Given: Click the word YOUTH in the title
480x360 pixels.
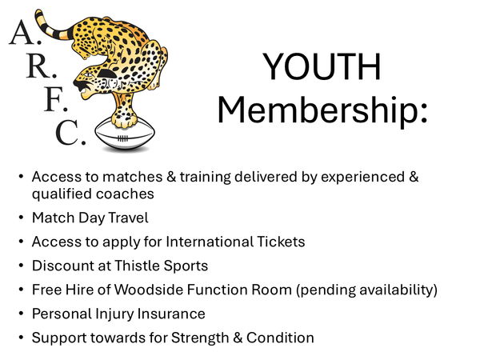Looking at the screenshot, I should (324, 68).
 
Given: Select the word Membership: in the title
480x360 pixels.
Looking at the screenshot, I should (323, 110).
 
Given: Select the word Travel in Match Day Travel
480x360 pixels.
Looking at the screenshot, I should (132, 217).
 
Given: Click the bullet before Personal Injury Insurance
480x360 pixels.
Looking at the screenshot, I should (20, 314).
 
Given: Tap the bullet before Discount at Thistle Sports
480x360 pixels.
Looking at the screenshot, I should (20, 265).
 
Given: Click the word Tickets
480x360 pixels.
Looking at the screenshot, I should (281, 241).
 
